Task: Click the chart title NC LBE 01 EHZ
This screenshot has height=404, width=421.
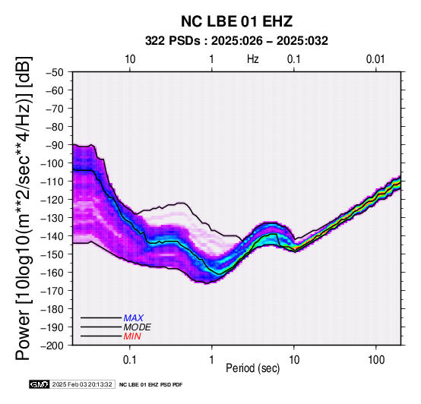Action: tap(236, 21)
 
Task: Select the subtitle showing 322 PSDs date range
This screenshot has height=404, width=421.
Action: tap(236, 41)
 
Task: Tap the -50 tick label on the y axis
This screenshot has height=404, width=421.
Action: tap(55, 72)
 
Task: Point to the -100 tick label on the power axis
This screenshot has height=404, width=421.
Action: tap(52, 163)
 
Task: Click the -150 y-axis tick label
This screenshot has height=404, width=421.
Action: tap(52, 254)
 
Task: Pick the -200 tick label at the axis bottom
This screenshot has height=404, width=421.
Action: tap(52, 346)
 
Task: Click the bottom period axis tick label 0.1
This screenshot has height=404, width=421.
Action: tap(130, 359)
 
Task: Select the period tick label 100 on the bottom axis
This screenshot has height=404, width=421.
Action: tap(376, 359)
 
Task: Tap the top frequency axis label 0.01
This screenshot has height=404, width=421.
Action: tap(375, 59)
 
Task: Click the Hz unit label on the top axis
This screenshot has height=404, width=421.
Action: tap(253, 59)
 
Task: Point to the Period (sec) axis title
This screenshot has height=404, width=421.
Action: tap(253, 368)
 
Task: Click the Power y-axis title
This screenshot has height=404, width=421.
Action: tap(23, 208)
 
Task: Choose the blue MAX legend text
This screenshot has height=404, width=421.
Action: tap(134, 318)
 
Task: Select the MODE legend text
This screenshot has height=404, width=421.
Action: tap(138, 327)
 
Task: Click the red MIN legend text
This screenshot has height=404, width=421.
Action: tap(132, 336)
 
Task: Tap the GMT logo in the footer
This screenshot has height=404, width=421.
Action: tap(40, 384)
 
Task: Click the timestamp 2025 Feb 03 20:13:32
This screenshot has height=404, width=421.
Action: tap(82, 384)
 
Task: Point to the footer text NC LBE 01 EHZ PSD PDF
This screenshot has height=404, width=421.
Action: tap(151, 385)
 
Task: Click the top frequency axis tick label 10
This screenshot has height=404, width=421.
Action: tap(130, 59)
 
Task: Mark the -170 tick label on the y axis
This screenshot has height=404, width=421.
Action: tap(52, 291)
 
